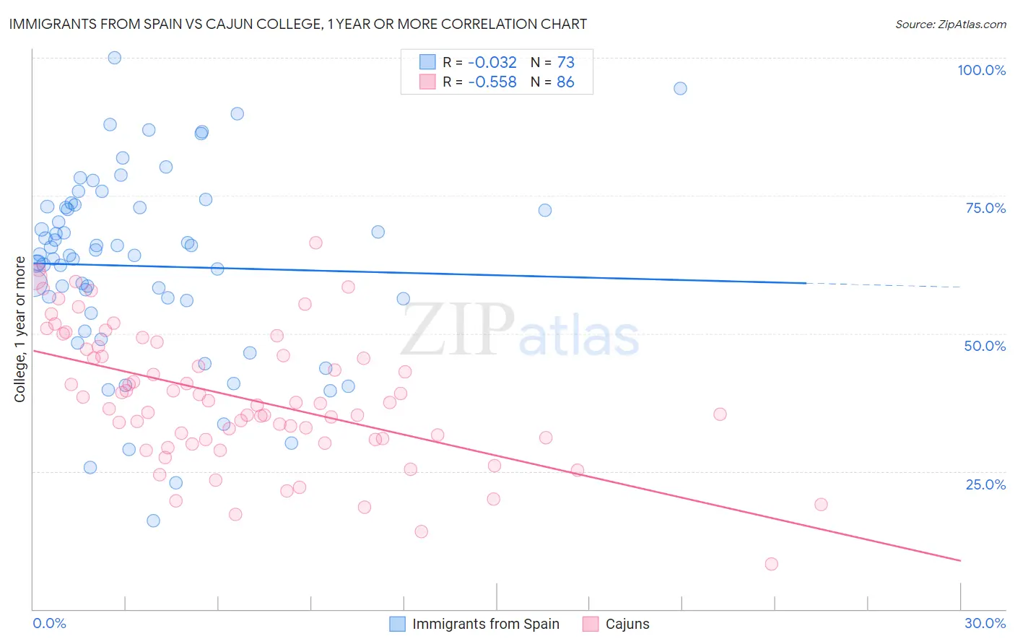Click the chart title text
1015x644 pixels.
coord(297,24)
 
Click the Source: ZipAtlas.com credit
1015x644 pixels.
coord(950,24)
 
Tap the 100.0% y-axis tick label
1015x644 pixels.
coord(981,70)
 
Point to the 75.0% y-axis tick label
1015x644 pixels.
coord(985,208)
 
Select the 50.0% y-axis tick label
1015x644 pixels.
coord(985,346)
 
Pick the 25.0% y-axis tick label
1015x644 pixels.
coord(985,484)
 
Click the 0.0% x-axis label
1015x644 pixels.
coord(49,623)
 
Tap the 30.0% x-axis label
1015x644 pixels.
coord(985,623)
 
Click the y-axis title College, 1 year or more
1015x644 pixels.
coord(19,329)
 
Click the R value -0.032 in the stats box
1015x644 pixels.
coord(492,63)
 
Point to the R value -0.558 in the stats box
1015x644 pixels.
coord(492,82)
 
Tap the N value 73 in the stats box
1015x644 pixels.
coord(565,63)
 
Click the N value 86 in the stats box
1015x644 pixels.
coord(565,82)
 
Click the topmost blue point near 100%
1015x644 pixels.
coord(114,58)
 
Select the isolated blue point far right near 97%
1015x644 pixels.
coord(680,89)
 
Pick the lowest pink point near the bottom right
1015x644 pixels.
coord(771,564)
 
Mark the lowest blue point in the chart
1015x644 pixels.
coord(153,521)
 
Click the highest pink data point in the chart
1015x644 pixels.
coord(315,243)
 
